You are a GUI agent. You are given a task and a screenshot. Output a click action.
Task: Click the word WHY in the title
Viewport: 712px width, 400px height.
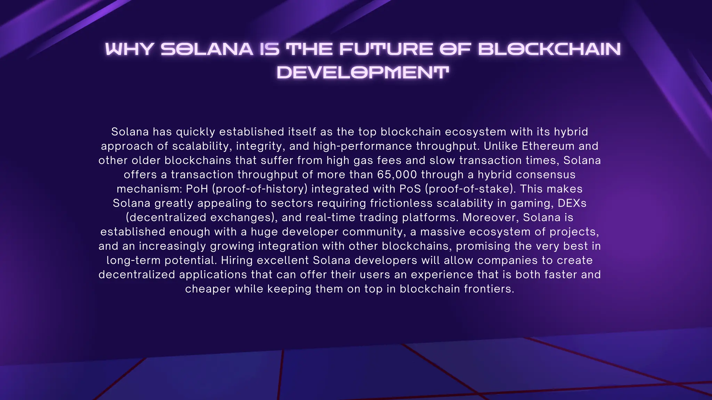coord(129,49)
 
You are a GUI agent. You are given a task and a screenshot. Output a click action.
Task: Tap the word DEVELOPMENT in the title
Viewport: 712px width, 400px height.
coord(363,73)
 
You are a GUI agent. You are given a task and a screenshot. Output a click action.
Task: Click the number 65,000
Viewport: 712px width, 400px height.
coord(397,174)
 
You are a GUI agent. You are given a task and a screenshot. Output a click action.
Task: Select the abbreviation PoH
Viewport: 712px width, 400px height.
coord(197,189)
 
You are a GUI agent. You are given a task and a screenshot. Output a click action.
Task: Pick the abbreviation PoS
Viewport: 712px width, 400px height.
coord(410,189)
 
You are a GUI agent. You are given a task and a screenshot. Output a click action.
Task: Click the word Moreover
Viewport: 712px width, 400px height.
coord(490,217)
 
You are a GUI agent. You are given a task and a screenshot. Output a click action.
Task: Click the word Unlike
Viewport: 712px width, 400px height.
coord(501,146)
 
